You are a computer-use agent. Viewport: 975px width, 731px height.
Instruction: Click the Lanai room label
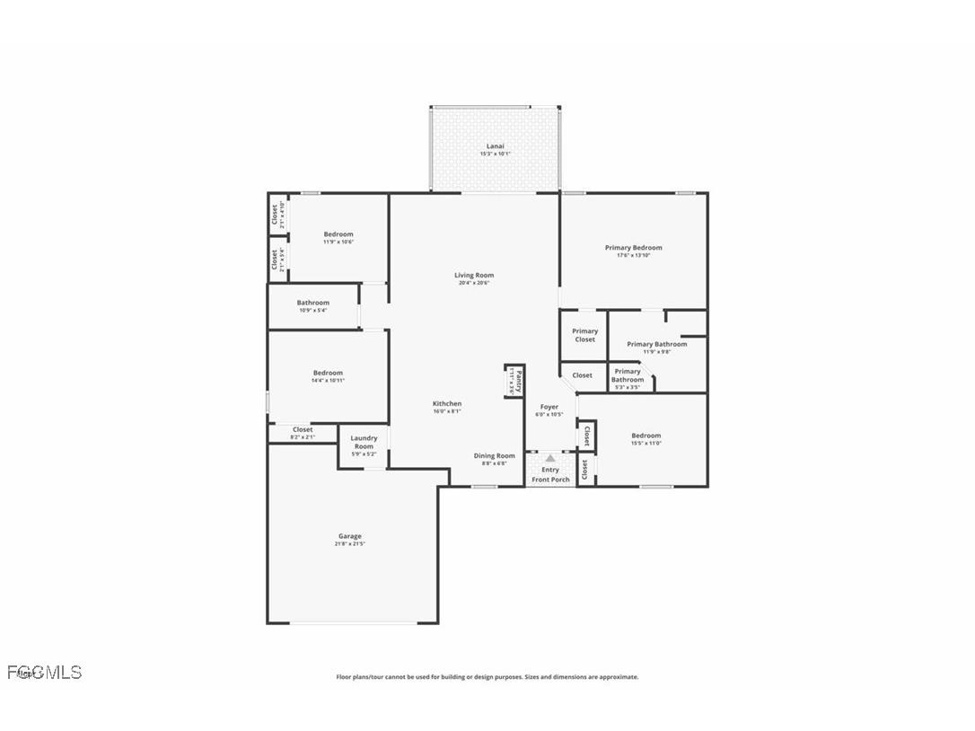(x=495, y=146)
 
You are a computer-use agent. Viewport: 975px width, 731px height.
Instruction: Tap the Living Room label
(x=473, y=276)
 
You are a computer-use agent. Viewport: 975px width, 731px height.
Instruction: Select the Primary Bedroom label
(x=633, y=248)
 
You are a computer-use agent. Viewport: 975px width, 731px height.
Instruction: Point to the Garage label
(x=350, y=536)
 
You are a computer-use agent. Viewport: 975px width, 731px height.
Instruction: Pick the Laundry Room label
(x=364, y=442)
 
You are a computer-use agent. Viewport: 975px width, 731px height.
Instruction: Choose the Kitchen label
(x=447, y=404)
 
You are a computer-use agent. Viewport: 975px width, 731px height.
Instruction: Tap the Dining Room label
(x=495, y=456)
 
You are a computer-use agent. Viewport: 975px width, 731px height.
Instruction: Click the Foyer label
(x=549, y=407)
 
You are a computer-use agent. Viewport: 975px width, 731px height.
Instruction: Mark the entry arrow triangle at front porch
(x=550, y=458)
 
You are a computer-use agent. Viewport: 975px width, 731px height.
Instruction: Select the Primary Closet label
(x=584, y=335)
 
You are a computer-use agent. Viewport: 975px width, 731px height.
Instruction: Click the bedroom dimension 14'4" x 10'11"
(x=328, y=381)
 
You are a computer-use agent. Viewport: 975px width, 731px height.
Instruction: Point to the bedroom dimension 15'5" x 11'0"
(x=646, y=443)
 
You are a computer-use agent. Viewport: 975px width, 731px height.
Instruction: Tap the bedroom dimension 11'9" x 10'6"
(x=338, y=242)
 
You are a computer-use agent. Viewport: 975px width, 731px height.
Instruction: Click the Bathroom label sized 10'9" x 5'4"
(x=312, y=303)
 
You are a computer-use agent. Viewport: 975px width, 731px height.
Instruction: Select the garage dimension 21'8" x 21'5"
(x=350, y=544)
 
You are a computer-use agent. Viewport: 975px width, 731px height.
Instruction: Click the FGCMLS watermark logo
(x=44, y=672)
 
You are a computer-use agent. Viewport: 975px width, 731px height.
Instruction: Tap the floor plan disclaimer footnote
(x=487, y=677)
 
